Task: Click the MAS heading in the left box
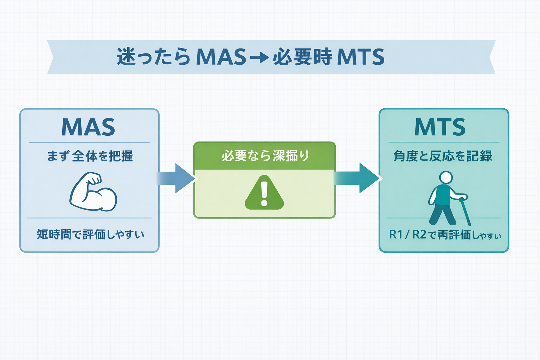coord(88,127)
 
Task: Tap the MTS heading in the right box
coord(440,127)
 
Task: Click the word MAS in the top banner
coord(221,57)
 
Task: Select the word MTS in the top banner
coord(360,57)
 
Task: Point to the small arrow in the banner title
coord(259,57)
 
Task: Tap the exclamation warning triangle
coord(264,193)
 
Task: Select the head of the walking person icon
coord(446,178)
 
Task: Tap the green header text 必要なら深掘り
coord(265,156)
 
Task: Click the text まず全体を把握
coord(90,156)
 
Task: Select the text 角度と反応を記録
coord(443,156)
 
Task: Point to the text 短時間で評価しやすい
coord(90,234)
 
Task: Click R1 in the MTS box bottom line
coord(396,234)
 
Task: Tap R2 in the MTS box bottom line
coord(419,234)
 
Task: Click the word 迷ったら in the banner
coord(154,57)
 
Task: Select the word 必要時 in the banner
coord(302,57)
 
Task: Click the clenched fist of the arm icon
coord(94,179)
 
